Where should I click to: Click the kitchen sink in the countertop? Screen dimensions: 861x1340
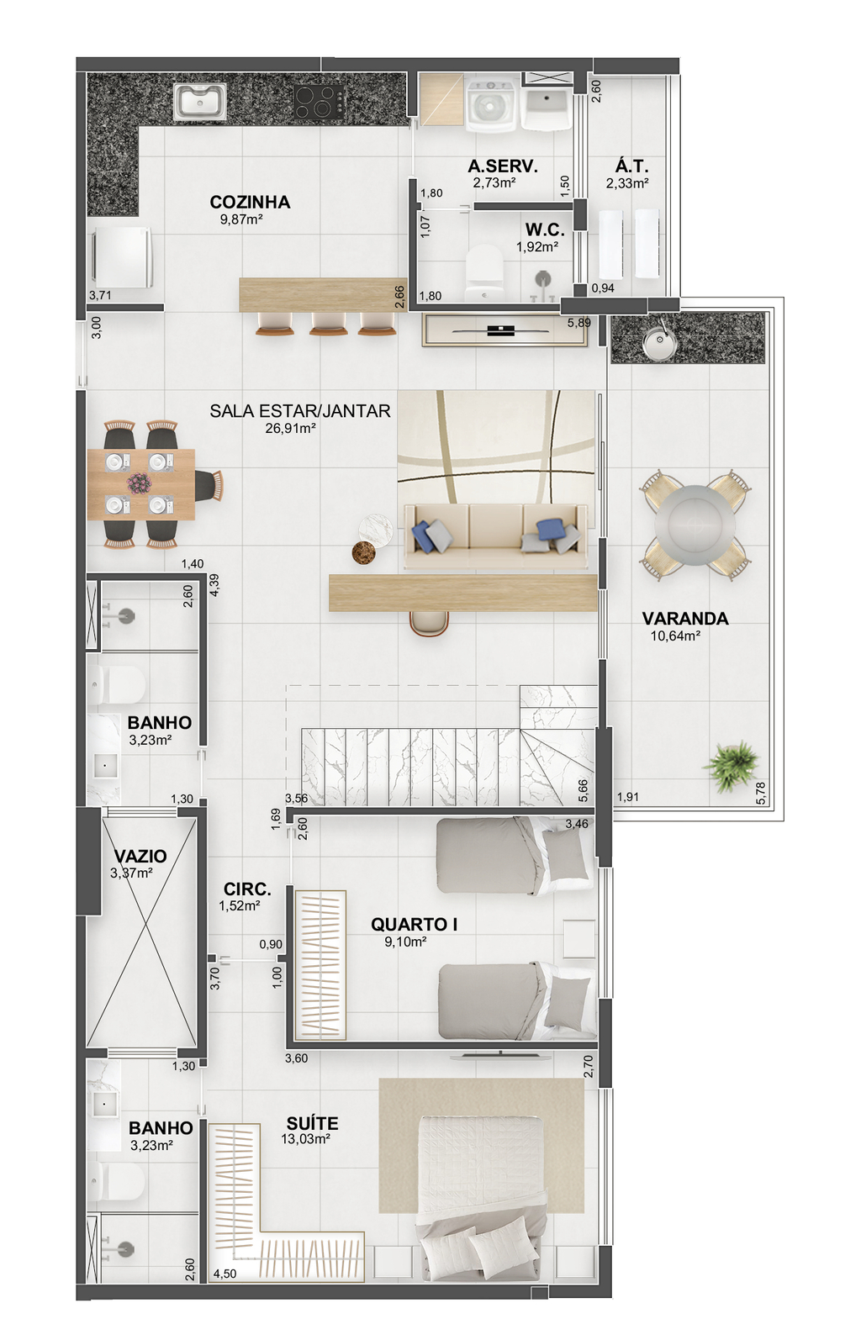click(200, 100)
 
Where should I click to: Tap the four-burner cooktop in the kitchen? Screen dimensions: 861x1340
click(320, 101)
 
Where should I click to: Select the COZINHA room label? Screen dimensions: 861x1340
click(250, 203)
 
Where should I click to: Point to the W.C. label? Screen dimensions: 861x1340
click(545, 229)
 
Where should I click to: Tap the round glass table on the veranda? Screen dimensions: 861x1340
click(694, 524)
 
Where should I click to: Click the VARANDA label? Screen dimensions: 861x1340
click(685, 618)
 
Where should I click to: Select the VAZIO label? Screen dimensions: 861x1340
click(140, 856)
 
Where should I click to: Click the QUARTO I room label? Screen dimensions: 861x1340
click(414, 924)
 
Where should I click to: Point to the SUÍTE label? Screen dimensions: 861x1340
click(312, 1123)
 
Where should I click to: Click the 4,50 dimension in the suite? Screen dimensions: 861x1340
click(225, 1274)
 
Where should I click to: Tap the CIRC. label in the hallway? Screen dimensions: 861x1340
click(247, 889)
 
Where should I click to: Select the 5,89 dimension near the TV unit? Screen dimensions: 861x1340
click(579, 323)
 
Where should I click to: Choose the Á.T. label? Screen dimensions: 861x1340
click(631, 166)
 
